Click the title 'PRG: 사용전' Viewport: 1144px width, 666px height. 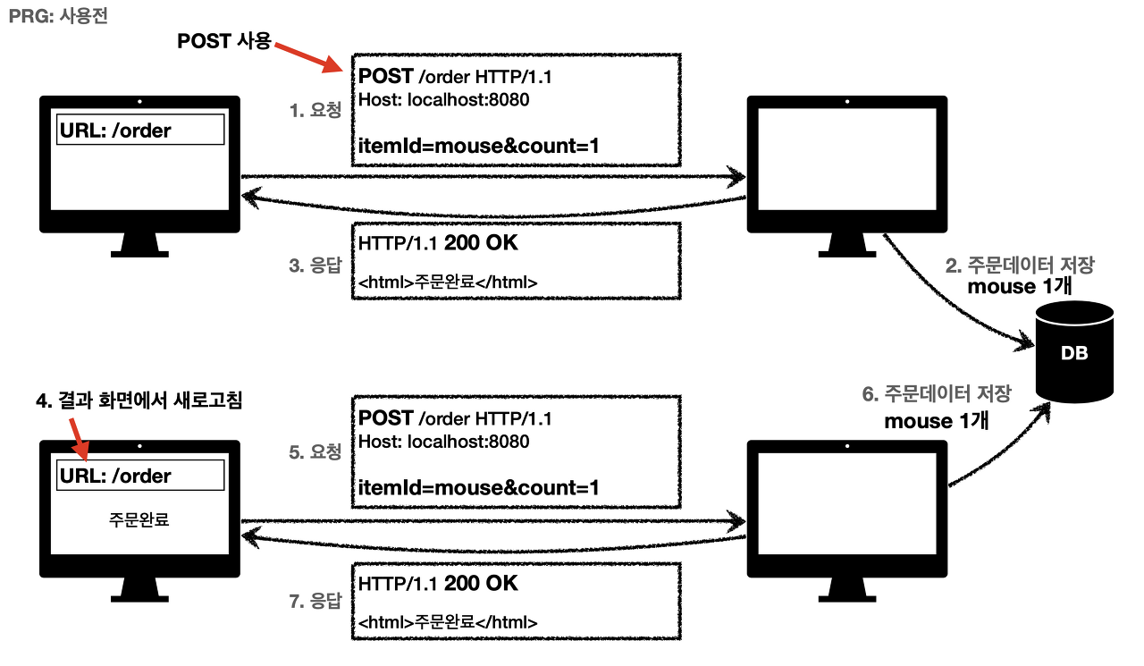click(58, 16)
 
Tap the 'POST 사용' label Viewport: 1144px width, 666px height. click(223, 41)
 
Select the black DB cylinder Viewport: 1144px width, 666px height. click(1073, 353)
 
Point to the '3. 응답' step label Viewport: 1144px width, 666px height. click(315, 266)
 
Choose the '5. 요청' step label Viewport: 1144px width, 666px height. click(315, 452)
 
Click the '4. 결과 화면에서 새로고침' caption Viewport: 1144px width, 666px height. click(139, 402)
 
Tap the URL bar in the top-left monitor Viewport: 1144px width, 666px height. click(140, 131)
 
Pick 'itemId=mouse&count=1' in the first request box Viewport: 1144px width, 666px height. click(478, 146)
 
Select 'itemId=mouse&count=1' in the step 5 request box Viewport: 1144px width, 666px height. click(478, 487)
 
